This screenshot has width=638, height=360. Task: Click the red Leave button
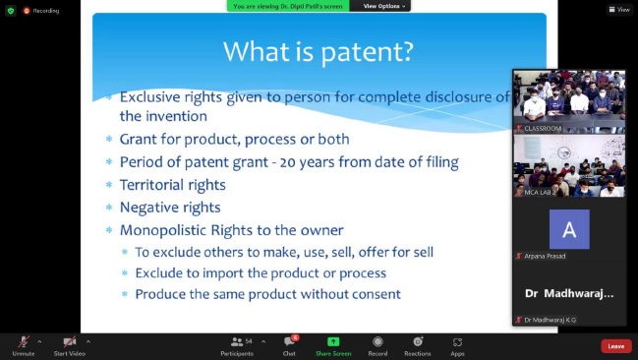615,346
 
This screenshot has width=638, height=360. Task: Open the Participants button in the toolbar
237,345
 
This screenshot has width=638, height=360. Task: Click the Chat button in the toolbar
289,345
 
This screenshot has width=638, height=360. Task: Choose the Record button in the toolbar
377,345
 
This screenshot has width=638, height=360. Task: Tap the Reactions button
418,345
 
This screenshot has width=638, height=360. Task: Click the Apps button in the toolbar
457,345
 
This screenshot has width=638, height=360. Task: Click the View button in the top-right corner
618,10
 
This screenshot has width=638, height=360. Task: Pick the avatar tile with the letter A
569,229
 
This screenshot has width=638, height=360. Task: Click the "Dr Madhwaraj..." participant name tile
569,293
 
